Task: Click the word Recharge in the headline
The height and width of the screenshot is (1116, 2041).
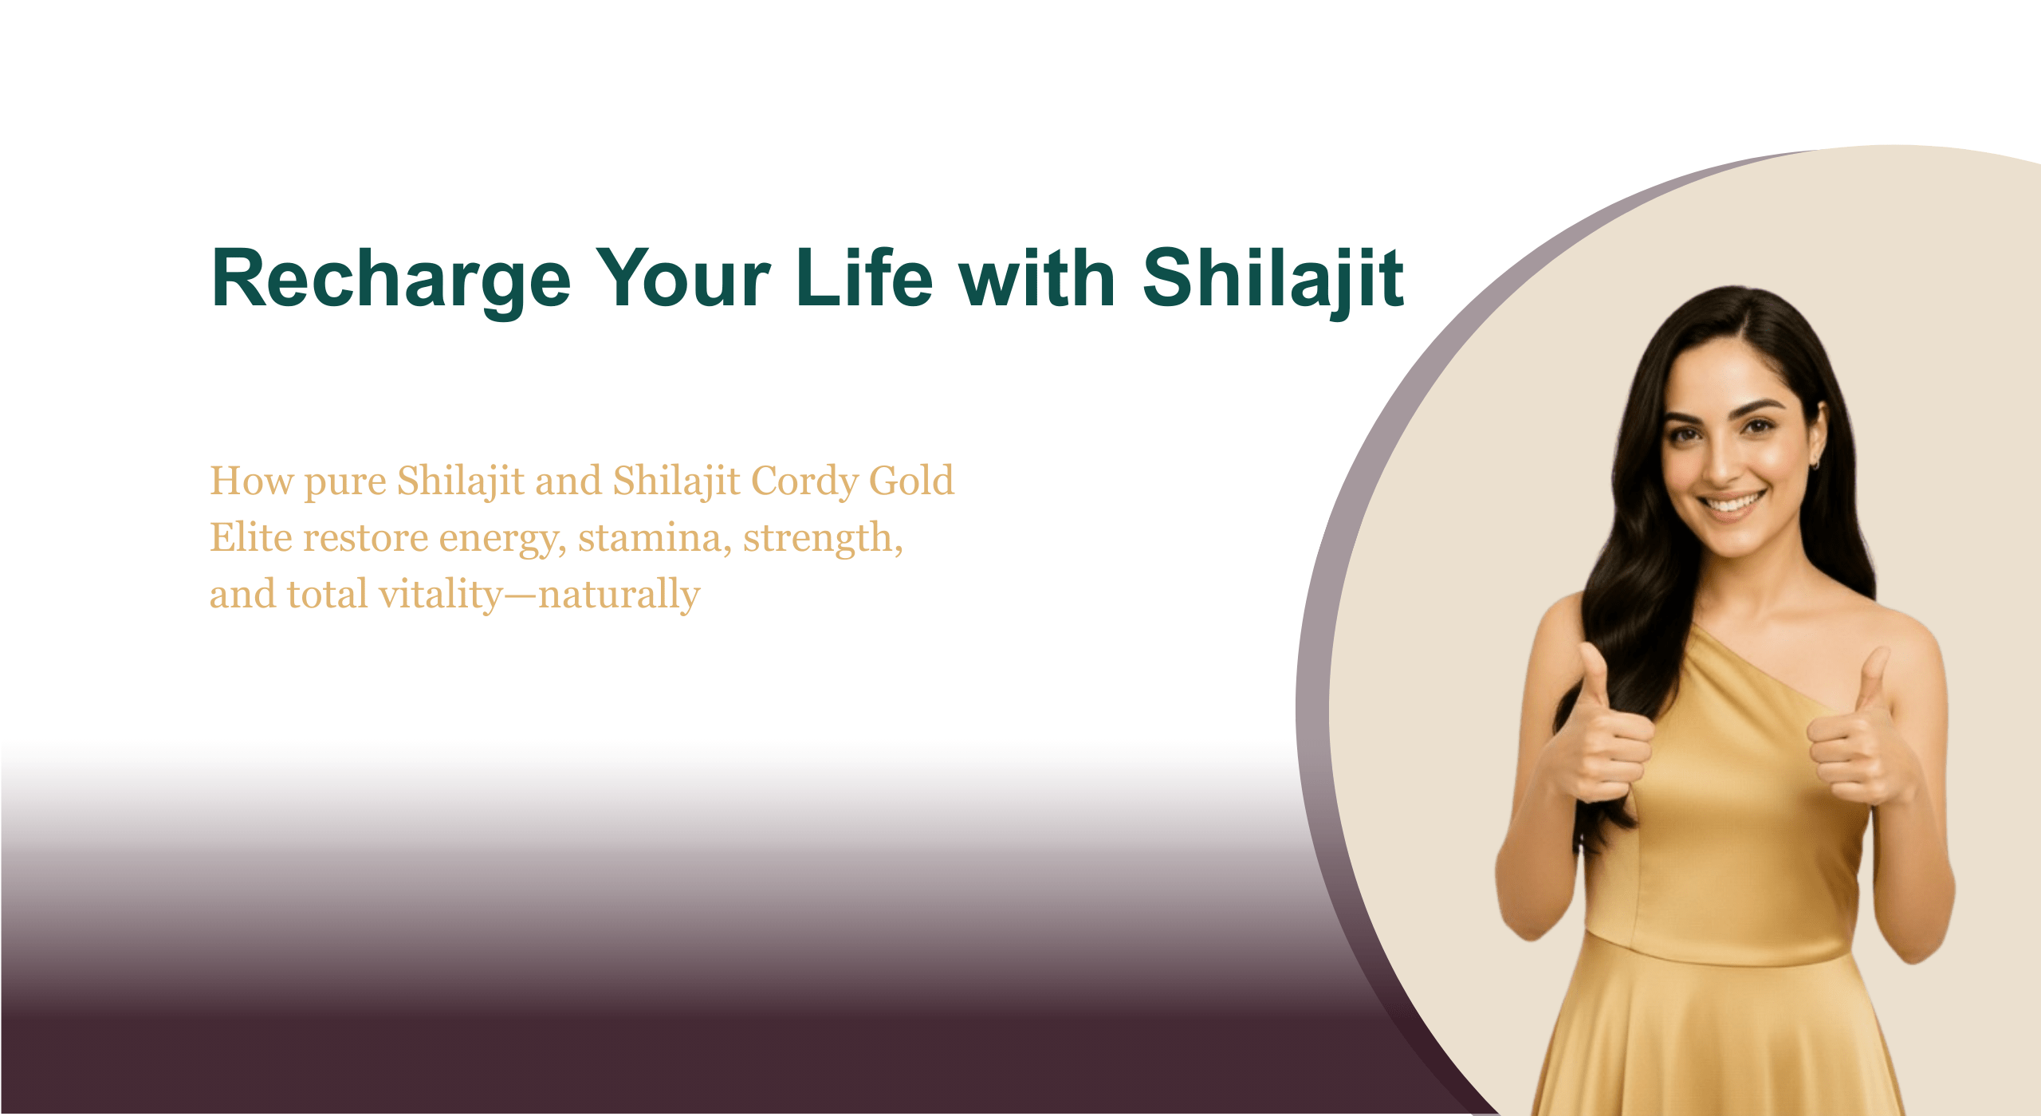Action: pos(391,279)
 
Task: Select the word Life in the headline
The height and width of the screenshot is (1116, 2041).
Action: pos(864,279)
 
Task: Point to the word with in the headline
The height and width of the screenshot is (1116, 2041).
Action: pos(1037,279)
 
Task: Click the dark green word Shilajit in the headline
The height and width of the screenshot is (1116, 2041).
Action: pos(1272,279)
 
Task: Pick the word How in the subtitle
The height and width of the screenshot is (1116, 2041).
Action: pos(251,481)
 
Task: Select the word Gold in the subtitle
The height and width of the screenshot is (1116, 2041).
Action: pos(910,481)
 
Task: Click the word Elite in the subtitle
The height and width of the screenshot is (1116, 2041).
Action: pos(250,538)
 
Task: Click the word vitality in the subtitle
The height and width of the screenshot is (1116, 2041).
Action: pos(441,595)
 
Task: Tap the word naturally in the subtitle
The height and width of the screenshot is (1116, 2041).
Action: pos(619,595)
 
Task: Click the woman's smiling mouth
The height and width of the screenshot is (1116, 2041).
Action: pos(1732,504)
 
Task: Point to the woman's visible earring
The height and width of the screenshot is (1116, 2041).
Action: pos(1815,462)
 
